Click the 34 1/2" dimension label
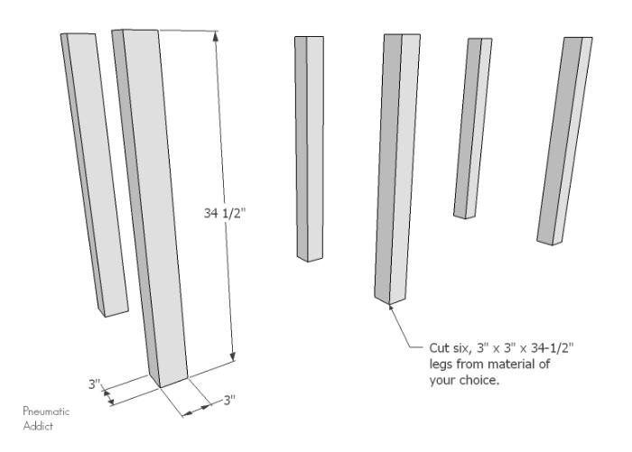224,213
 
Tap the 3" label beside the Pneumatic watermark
94,384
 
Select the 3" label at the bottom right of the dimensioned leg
229,400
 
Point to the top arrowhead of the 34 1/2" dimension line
216,35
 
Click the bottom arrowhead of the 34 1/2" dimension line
232,357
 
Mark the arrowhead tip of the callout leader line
389,305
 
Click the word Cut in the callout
438,347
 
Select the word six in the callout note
460,348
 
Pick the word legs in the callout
441,364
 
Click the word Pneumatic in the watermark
46,411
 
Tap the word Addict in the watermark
38,426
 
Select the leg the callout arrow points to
396,170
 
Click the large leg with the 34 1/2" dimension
149,208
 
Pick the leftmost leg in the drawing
95,175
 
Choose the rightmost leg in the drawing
565,141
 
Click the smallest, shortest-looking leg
473,128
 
